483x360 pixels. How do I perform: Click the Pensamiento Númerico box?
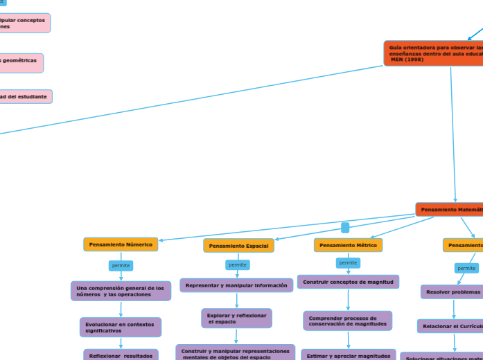121,244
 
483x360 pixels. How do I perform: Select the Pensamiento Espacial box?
238,246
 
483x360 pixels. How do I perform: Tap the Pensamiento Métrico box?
348,245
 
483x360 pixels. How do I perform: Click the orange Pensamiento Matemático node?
449,209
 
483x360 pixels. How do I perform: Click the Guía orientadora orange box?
434,53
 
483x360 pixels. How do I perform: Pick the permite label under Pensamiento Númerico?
121,265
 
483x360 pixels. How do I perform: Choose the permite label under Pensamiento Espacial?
238,264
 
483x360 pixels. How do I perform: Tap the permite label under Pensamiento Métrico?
348,262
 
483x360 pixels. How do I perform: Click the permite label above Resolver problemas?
466,268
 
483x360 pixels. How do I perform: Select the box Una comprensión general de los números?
121,291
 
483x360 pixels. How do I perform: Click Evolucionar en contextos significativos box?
121,327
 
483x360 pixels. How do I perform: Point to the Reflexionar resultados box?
121,355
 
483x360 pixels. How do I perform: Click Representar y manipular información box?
236,285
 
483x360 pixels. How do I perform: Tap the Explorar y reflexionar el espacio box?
236,318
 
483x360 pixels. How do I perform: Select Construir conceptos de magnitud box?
348,282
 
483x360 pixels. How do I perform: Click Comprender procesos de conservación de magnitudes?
347,321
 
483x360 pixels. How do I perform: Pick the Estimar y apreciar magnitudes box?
349,355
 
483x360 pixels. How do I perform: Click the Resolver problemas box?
453,292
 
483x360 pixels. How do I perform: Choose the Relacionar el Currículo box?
450,326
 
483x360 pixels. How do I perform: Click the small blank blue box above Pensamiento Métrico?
345,227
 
